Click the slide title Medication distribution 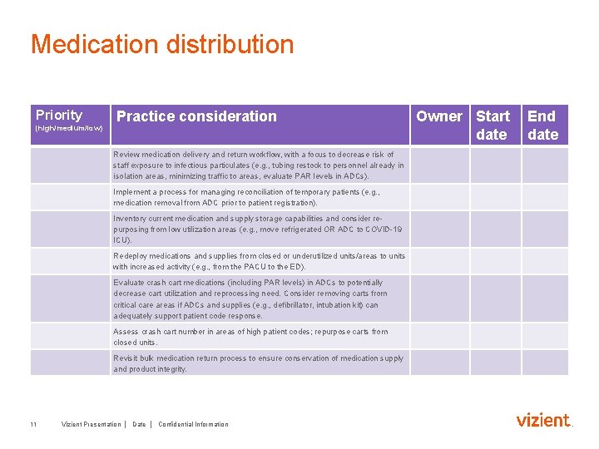tap(162, 44)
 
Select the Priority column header tap(59, 116)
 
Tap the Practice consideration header tap(196, 116)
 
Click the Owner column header tap(439, 116)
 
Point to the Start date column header tap(493, 125)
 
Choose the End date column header tap(542, 125)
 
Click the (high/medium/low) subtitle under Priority tap(69, 129)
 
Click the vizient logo tap(544, 421)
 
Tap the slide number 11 tap(33, 425)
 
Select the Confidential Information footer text tap(193, 425)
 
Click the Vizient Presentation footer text tap(91, 425)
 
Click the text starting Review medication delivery tap(259, 165)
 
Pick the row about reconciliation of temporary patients tap(246, 197)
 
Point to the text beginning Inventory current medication tap(258, 229)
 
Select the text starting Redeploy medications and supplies tap(259, 261)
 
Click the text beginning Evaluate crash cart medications tap(250, 299)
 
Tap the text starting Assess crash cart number tap(250, 337)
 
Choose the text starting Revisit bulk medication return tap(258, 363)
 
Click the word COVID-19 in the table tap(384, 229)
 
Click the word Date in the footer tap(139, 425)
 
